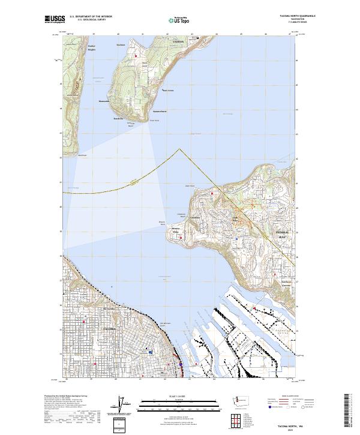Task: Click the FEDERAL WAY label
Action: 282,235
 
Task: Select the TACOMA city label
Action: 109,329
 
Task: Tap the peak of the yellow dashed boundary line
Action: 179,149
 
